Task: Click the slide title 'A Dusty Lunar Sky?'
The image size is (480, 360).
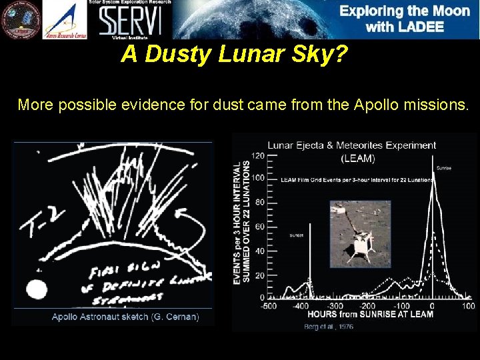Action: coord(234,55)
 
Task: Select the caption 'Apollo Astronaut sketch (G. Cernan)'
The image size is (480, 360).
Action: coord(125,317)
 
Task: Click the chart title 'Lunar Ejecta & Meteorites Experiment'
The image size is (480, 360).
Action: coord(351,145)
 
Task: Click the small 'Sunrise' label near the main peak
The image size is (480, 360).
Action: coord(443,168)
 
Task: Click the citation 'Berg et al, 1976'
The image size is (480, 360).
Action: coord(329,327)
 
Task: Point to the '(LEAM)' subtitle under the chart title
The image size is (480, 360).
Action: coord(357,159)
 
